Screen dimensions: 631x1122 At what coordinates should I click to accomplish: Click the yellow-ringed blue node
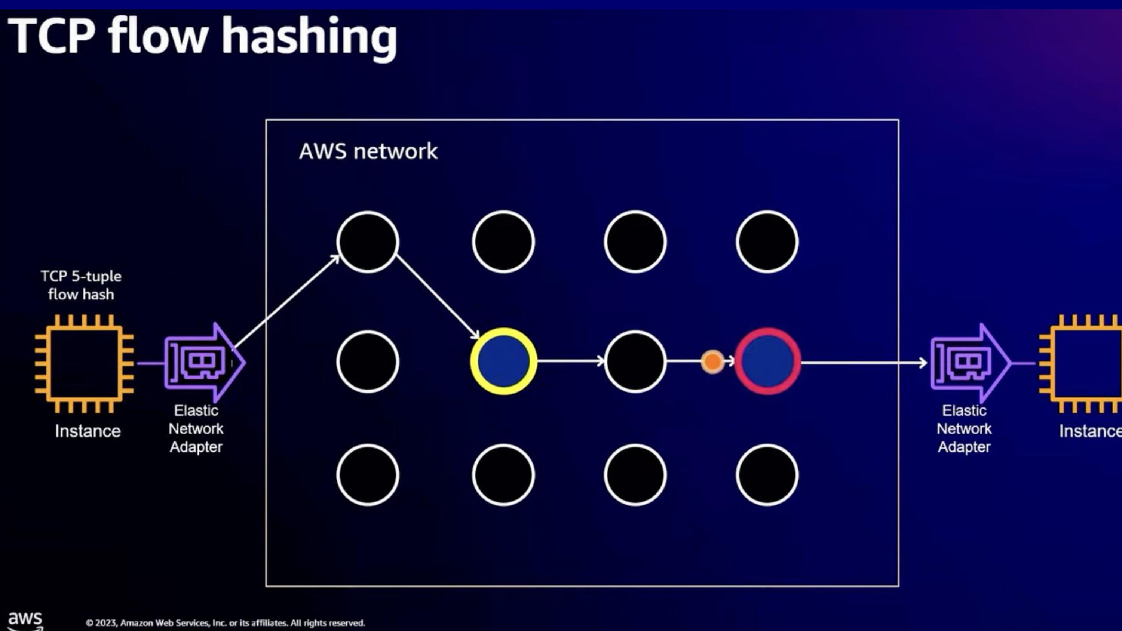(x=503, y=361)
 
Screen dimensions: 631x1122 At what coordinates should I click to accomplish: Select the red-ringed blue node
(x=767, y=361)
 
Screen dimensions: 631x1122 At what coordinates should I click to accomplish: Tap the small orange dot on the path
(x=712, y=361)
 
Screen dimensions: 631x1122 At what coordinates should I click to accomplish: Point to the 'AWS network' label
(x=368, y=151)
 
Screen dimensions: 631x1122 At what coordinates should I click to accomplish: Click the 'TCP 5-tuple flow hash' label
(x=81, y=285)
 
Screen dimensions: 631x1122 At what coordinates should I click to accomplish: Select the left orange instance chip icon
(x=85, y=364)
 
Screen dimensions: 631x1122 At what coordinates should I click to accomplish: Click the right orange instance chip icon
(x=1085, y=364)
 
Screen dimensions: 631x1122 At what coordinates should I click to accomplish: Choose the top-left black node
(x=368, y=242)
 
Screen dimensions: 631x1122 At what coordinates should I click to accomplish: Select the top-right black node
(x=767, y=242)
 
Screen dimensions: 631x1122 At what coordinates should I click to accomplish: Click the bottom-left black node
(x=368, y=475)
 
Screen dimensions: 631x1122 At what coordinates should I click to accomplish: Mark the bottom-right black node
(x=767, y=475)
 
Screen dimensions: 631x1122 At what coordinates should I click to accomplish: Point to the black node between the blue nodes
(x=635, y=361)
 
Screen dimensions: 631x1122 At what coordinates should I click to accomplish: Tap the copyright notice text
(x=225, y=623)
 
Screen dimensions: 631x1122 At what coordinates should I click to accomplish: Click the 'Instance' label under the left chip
(x=88, y=431)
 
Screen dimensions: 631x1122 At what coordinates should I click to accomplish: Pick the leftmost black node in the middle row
(x=368, y=361)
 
